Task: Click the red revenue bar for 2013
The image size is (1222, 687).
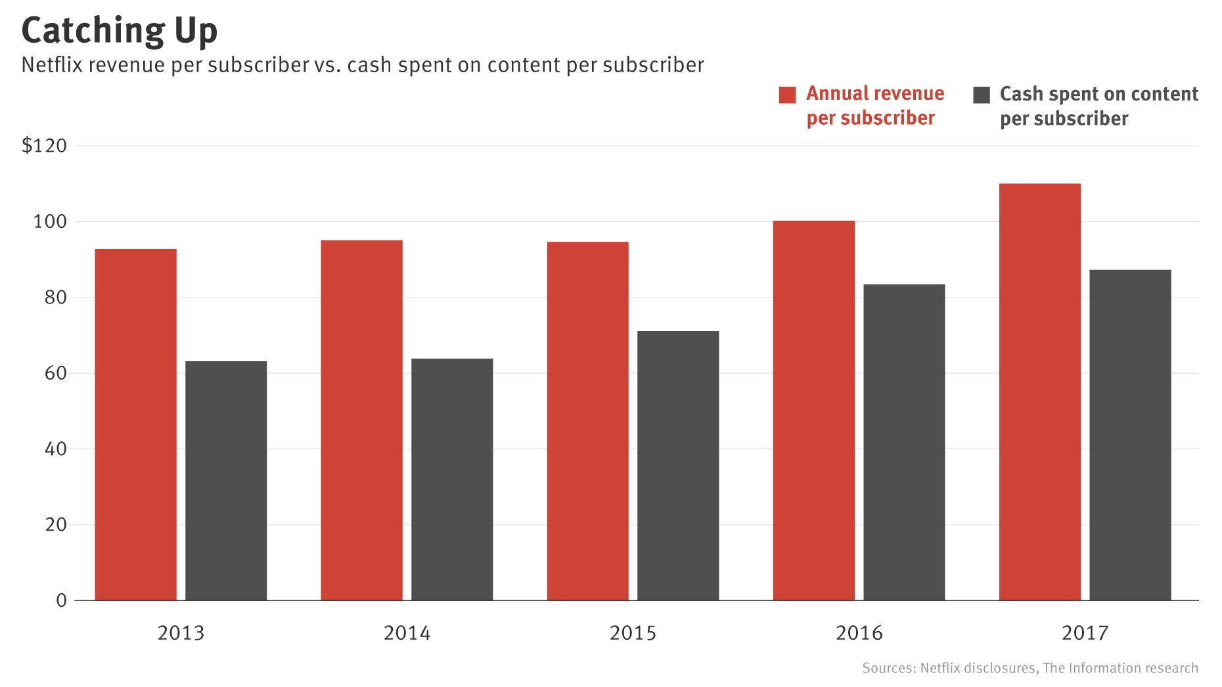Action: [135, 424]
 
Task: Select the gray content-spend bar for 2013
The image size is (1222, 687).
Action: [226, 480]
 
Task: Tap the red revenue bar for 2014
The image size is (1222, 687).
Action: [361, 420]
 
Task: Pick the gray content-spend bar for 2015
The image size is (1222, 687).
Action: [678, 465]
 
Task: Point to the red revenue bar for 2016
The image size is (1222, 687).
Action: [813, 410]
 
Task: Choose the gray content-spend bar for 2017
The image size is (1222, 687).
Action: [1130, 435]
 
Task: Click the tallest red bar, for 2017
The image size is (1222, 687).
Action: [1039, 392]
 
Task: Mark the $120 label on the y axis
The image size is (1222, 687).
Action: [44, 145]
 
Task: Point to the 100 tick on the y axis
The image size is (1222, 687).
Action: [50, 221]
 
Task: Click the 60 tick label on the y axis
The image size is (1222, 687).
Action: [55, 373]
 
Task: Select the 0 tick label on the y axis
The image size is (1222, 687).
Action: [61, 600]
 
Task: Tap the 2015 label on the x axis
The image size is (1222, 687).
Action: [633, 632]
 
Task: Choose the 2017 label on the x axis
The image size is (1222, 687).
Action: [1085, 632]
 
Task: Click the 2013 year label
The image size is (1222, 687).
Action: [181, 632]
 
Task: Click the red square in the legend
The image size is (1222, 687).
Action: [787, 95]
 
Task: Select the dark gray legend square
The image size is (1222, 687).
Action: [981, 95]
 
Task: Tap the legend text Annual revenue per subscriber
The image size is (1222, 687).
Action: [874, 106]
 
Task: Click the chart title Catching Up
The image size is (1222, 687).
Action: [119, 30]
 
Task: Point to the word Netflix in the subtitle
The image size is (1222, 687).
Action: [47, 65]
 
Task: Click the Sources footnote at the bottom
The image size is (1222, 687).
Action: [1030, 668]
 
